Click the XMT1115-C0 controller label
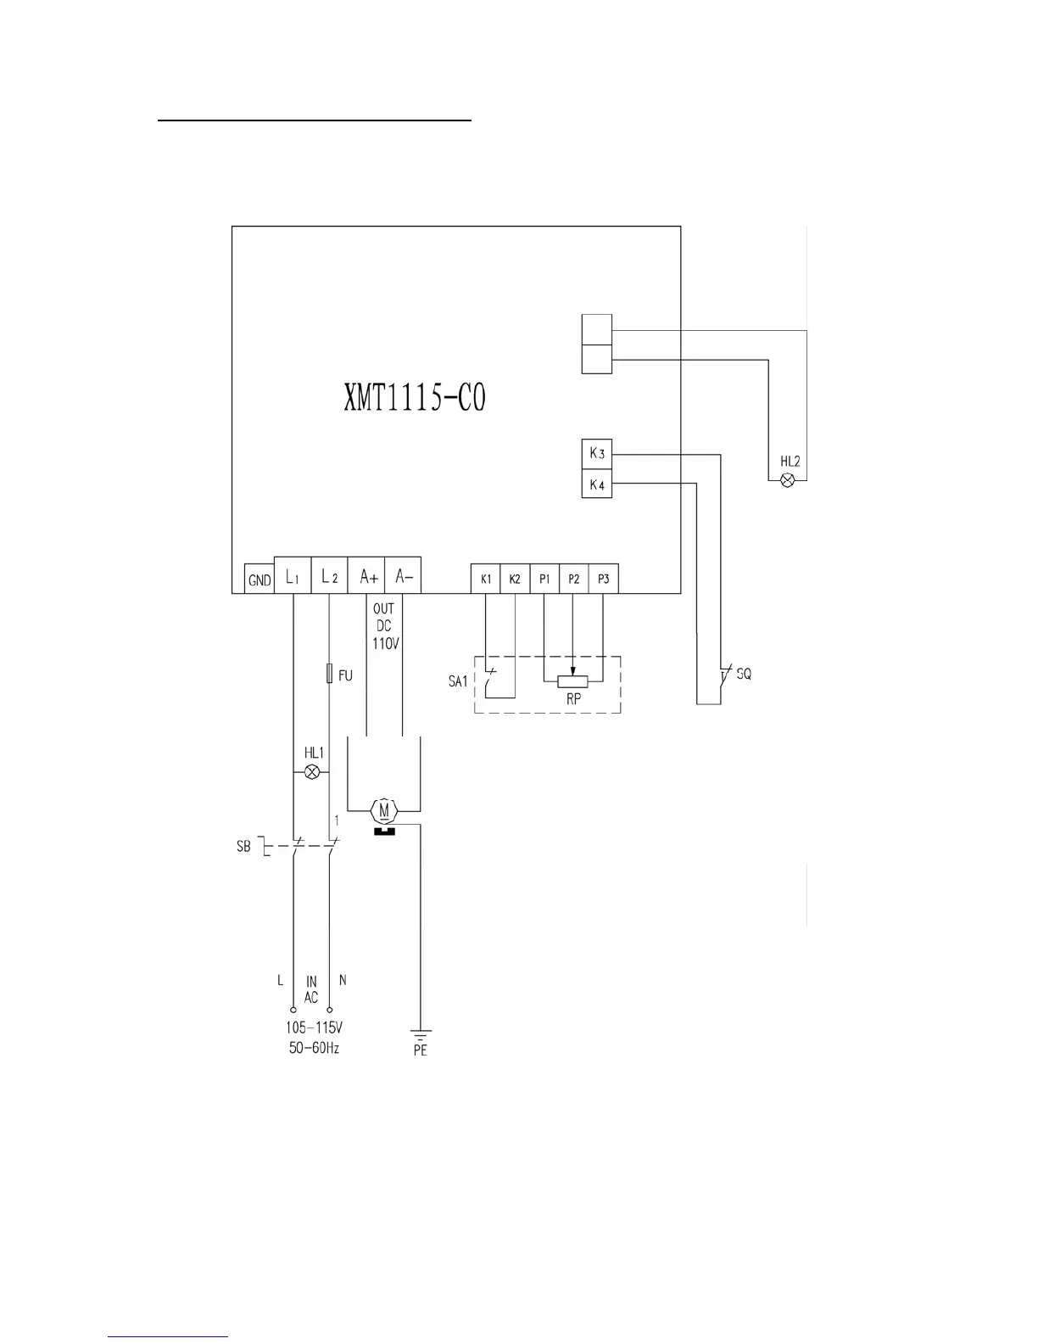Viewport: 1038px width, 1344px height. tap(414, 397)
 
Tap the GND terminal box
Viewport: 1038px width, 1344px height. tap(259, 579)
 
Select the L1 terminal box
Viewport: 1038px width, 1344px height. tap(293, 575)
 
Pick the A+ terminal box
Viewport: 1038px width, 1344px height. tap(366, 575)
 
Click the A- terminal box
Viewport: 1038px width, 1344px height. tap(403, 575)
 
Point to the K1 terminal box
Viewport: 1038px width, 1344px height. tap(485, 579)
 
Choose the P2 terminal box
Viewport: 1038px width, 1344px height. tap(574, 579)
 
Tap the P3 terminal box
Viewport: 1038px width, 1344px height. tap(604, 579)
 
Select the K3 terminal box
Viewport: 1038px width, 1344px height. tap(596, 454)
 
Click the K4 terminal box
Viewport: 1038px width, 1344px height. tap(596, 484)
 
